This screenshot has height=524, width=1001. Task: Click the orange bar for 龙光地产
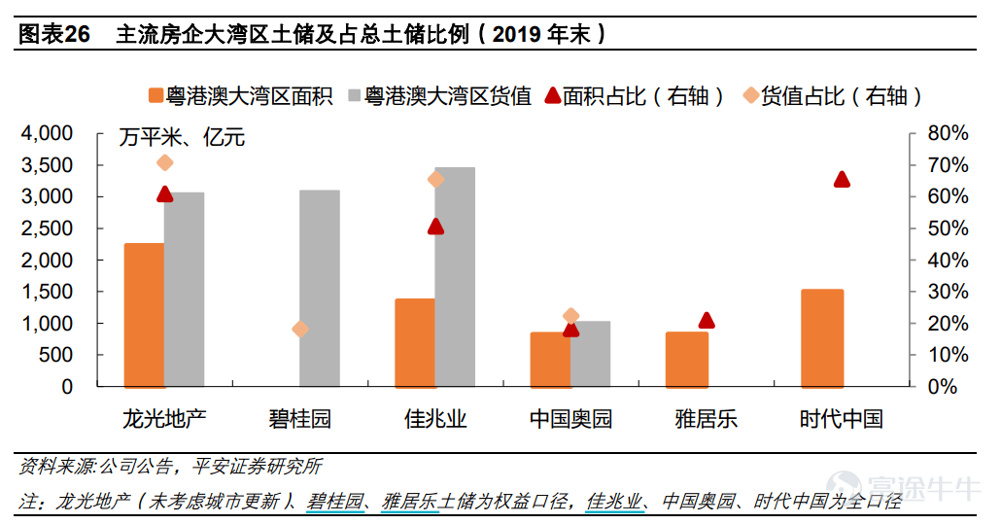[144, 315]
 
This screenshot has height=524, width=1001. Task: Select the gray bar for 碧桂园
[319, 289]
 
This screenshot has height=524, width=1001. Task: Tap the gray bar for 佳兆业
[455, 277]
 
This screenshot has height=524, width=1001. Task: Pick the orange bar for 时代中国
[822, 338]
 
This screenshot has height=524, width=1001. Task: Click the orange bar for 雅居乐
[687, 360]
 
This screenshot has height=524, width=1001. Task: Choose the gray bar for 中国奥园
[591, 354]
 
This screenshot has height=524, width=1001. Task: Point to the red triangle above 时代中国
[842, 179]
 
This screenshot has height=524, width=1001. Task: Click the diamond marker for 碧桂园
[300, 330]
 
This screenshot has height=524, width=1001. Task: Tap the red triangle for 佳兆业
[436, 226]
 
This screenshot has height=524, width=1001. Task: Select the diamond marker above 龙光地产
[164, 162]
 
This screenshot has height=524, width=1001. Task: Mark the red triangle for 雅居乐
[707, 321]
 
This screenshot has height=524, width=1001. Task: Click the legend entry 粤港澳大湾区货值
[440, 96]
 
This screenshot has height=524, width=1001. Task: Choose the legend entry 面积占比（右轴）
[635, 96]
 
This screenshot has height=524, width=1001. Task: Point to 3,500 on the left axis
[48, 165]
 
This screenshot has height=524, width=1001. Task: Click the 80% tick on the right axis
[948, 133]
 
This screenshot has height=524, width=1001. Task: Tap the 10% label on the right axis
[948, 355]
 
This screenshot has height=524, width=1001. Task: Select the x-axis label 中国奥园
[570, 419]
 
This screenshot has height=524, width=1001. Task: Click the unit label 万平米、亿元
[182, 137]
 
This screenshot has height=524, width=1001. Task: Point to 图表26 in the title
[54, 34]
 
